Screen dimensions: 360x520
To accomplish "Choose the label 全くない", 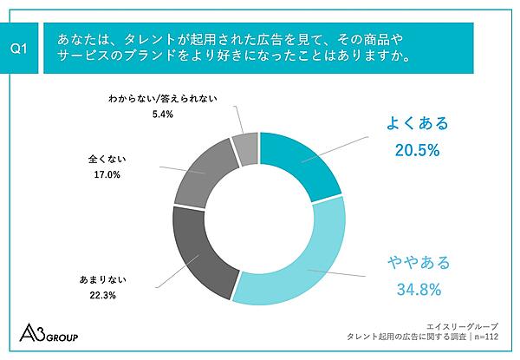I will tap(104, 160).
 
